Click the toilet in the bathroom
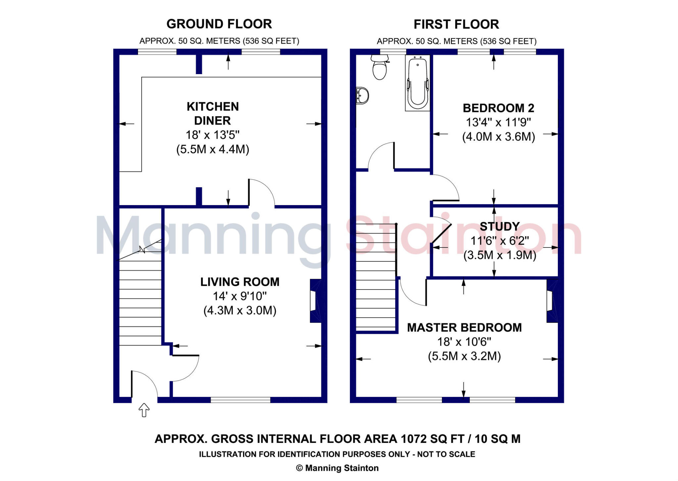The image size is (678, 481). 379,68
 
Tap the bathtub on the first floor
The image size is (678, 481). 417,83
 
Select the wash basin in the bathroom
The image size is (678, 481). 362,96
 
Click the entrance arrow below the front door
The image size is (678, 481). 144,410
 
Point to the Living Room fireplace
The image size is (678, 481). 315,301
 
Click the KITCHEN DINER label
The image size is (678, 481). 213,113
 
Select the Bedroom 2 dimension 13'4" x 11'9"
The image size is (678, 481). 498,122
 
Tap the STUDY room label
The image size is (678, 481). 500,227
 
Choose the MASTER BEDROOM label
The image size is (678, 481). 464,328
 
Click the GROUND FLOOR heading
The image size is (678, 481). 219,24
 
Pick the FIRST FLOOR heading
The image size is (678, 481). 456,24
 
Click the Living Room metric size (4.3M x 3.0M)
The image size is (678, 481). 240,311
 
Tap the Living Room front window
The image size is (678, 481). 240,400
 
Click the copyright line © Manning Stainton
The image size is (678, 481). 337,468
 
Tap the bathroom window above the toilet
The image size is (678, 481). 393,52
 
